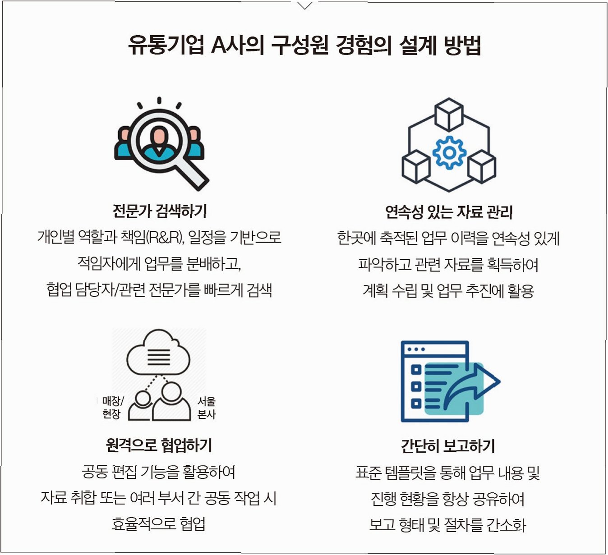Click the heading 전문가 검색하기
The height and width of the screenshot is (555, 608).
[160, 211]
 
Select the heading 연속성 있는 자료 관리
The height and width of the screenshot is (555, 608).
[449, 211]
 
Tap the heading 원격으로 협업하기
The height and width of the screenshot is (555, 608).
[159, 445]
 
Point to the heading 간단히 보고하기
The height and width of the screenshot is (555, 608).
[448, 446]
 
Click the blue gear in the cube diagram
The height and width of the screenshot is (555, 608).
[449, 153]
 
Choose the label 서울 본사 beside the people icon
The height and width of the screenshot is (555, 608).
[207, 407]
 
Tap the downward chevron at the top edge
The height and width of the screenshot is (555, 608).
[305, 6]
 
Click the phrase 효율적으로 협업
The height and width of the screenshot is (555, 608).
[159, 524]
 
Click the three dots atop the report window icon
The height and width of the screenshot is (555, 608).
[416, 349]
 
